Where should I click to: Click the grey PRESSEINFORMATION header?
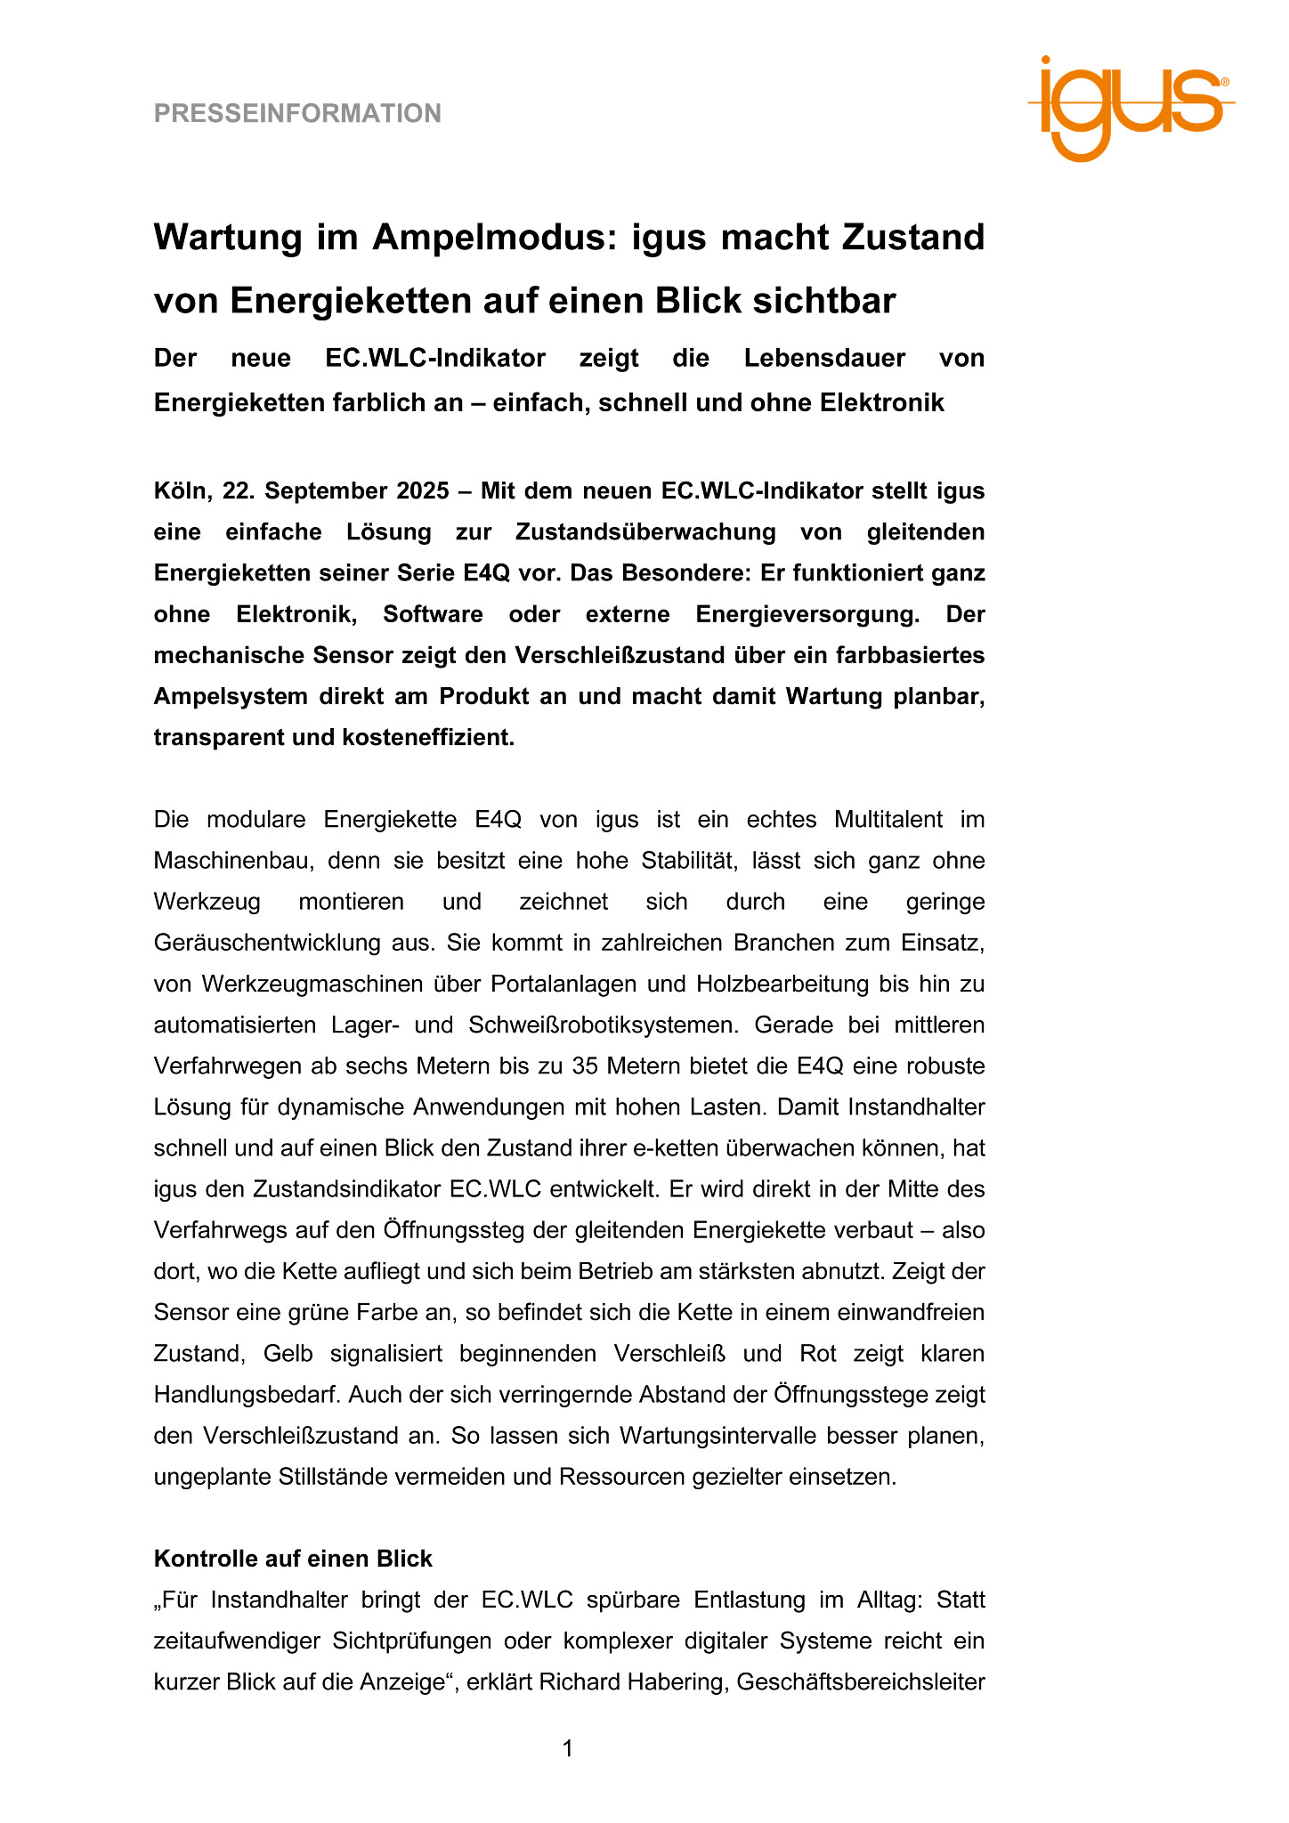coord(297,114)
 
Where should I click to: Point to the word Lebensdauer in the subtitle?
coord(824,359)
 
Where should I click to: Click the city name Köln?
coord(179,491)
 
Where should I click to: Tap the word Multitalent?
coord(901,820)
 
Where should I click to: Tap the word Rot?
coord(818,1354)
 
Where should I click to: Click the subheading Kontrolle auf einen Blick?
coord(293,1559)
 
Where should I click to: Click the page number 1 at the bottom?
coord(568,1749)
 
